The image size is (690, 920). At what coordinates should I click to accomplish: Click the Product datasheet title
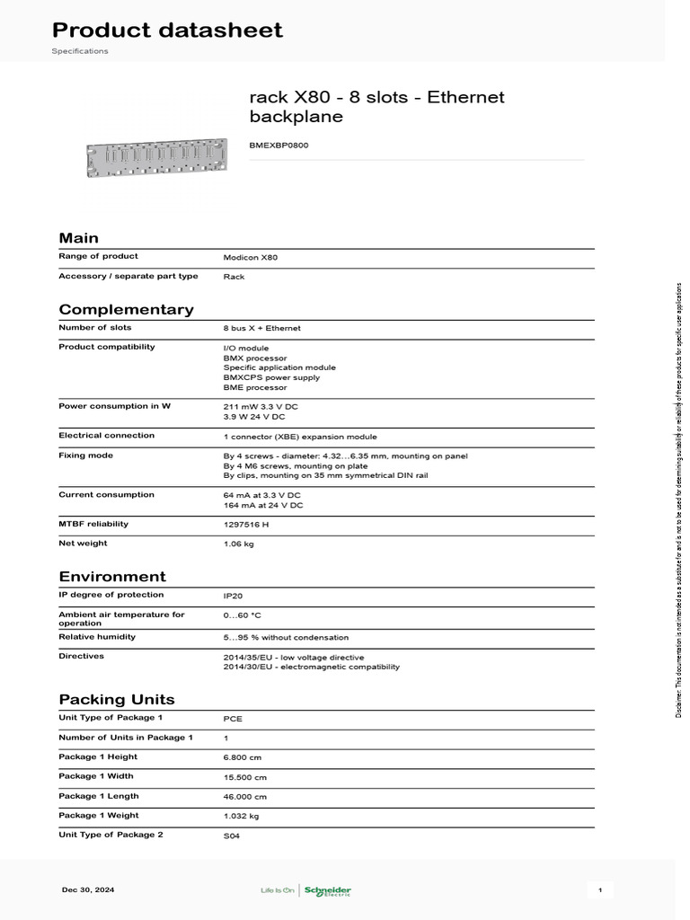point(169,30)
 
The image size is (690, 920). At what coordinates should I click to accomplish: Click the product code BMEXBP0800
point(279,145)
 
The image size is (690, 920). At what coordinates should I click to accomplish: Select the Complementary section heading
point(126,309)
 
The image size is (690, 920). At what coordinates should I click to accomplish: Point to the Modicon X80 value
point(251,257)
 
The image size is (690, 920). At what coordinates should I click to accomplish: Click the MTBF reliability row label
point(93,523)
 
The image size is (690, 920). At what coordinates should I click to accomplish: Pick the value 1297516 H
point(246,524)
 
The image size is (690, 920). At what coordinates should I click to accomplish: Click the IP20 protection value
point(233,595)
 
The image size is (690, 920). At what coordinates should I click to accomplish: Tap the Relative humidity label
point(97,636)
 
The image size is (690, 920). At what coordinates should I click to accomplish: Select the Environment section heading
point(112,576)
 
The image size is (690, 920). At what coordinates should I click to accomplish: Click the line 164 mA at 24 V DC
point(263,505)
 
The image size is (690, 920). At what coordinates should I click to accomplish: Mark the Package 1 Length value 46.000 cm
point(245,797)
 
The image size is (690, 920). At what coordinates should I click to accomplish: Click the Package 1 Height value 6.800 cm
point(243,757)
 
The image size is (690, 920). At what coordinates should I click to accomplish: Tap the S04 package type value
point(232,836)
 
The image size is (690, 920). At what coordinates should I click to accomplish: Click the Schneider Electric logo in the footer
point(327,890)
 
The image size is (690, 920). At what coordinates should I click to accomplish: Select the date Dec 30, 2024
point(88,889)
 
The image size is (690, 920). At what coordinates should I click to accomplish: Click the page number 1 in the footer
point(599,889)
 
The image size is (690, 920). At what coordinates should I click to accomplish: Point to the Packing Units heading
point(117,699)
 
